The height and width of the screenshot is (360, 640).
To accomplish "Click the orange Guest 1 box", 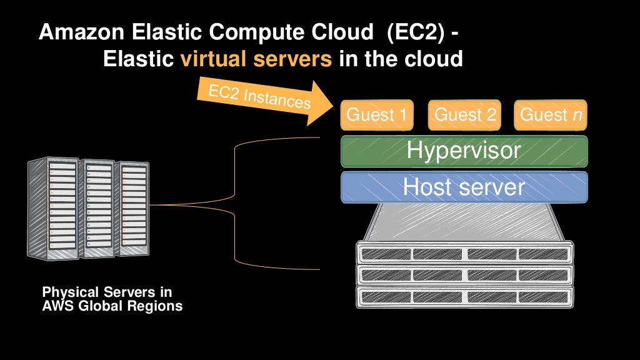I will coord(377,114).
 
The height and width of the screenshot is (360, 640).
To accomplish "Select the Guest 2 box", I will coord(465,114).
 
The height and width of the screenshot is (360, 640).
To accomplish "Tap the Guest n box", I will coord(551,114).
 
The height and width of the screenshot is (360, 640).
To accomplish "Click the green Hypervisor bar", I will coord(464,151).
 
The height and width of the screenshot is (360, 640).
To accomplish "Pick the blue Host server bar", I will coord(464,187).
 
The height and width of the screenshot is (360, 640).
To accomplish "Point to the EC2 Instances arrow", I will coord(262,97).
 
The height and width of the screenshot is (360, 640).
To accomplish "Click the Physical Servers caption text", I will coord(107,292).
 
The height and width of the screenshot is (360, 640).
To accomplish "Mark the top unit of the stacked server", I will coord(464,254).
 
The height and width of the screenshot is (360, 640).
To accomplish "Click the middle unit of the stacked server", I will coord(464,275).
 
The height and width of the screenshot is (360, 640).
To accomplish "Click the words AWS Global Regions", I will coord(112,306).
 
